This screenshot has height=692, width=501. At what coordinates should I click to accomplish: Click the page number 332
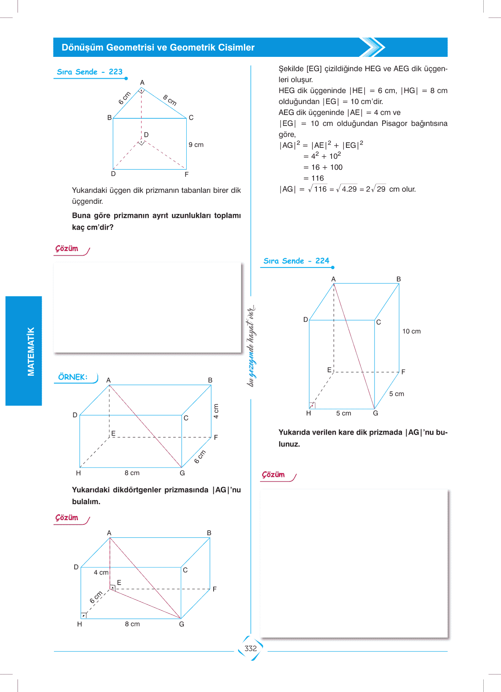(x=250, y=648)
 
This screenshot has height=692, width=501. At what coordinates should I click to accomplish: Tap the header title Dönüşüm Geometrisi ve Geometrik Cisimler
(x=158, y=48)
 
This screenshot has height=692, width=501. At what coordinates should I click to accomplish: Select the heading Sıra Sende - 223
(x=90, y=72)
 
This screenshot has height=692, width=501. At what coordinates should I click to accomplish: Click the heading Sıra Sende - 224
(x=296, y=261)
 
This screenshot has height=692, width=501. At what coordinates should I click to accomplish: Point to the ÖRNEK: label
(x=73, y=377)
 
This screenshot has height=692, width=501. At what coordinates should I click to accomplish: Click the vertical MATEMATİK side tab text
(x=31, y=351)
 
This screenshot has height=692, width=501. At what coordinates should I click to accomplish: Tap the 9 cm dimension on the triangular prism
(x=196, y=145)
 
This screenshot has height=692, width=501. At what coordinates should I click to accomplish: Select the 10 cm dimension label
(x=411, y=331)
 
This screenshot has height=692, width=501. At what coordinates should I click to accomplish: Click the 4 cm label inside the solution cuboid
(x=101, y=573)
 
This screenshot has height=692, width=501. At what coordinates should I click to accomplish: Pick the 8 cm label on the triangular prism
(x=170, y=100)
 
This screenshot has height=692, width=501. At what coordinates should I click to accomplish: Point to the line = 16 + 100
(x=323, y=167)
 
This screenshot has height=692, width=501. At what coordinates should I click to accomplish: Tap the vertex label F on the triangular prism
(x=187, y=174)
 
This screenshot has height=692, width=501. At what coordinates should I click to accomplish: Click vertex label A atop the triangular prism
(x=142, y=83)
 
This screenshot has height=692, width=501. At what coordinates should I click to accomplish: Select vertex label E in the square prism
(x=330, y=370)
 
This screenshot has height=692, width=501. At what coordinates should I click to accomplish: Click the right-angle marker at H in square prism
(x=312, y=406)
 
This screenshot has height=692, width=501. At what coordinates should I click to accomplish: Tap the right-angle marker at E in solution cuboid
(x=113, y=587)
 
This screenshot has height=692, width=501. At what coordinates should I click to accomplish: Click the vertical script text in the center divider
(x=251, y=346)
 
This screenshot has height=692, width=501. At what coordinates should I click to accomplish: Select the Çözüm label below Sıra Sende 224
(x=273, y=475)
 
